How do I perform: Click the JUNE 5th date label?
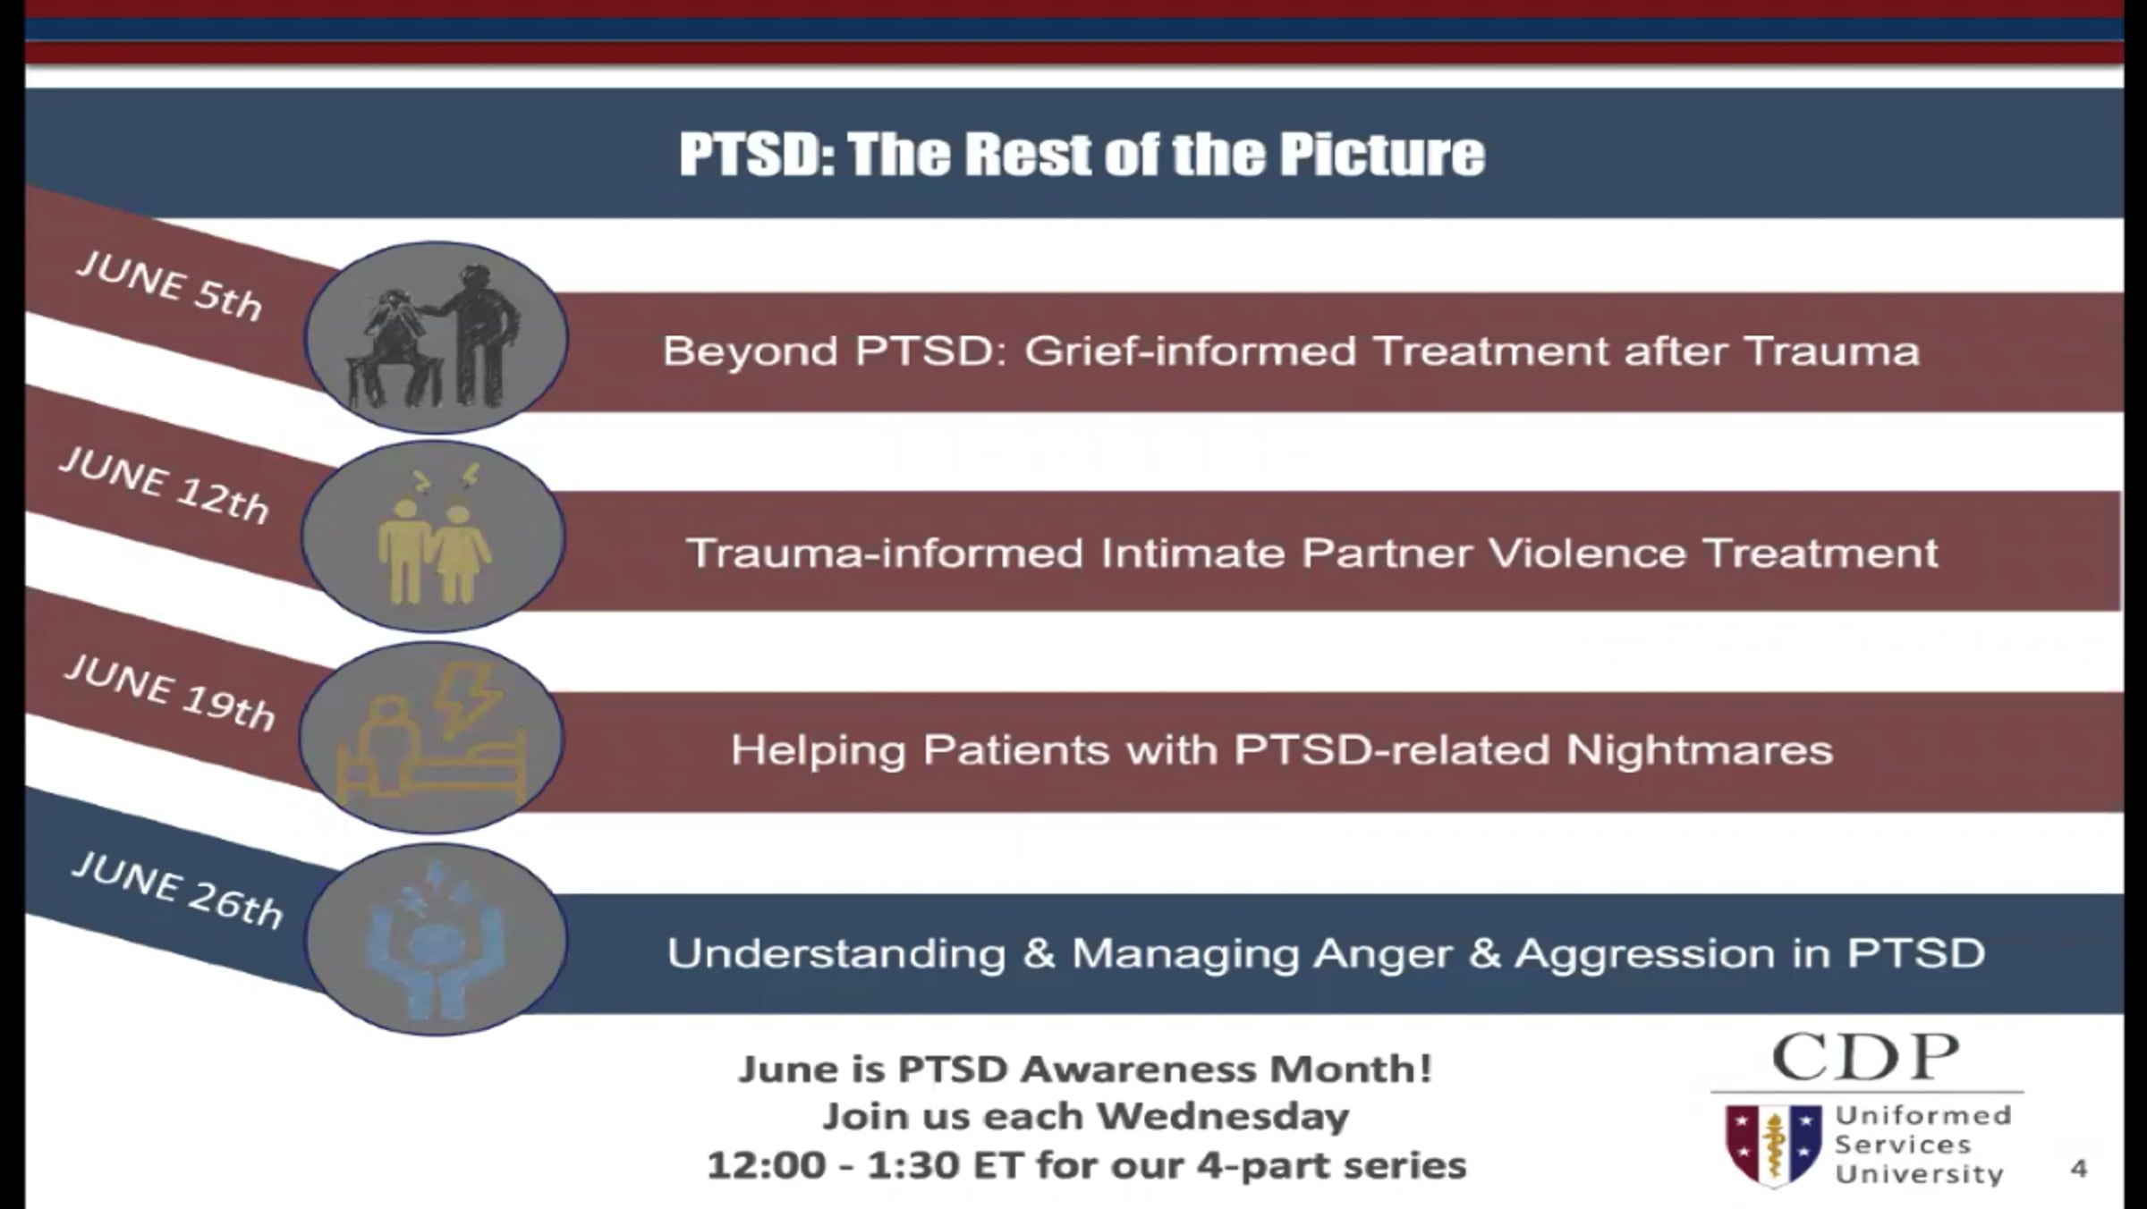[170, 284]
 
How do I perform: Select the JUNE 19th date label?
[170, 691]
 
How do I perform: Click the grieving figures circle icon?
[436, 338]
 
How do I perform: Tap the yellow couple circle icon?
[433, 537]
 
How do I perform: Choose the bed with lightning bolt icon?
[431, 738]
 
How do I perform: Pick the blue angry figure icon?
[436, 939]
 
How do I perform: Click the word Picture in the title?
[1381, 154]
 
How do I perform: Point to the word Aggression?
[1645, 953]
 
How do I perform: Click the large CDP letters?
[1866, 1057]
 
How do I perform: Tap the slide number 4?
[2078, 1169]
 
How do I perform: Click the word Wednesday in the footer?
[1223, 1117]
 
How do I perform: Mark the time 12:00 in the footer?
[766, 1166]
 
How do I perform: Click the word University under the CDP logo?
[1920, 1173]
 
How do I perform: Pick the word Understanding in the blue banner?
[836, 953]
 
